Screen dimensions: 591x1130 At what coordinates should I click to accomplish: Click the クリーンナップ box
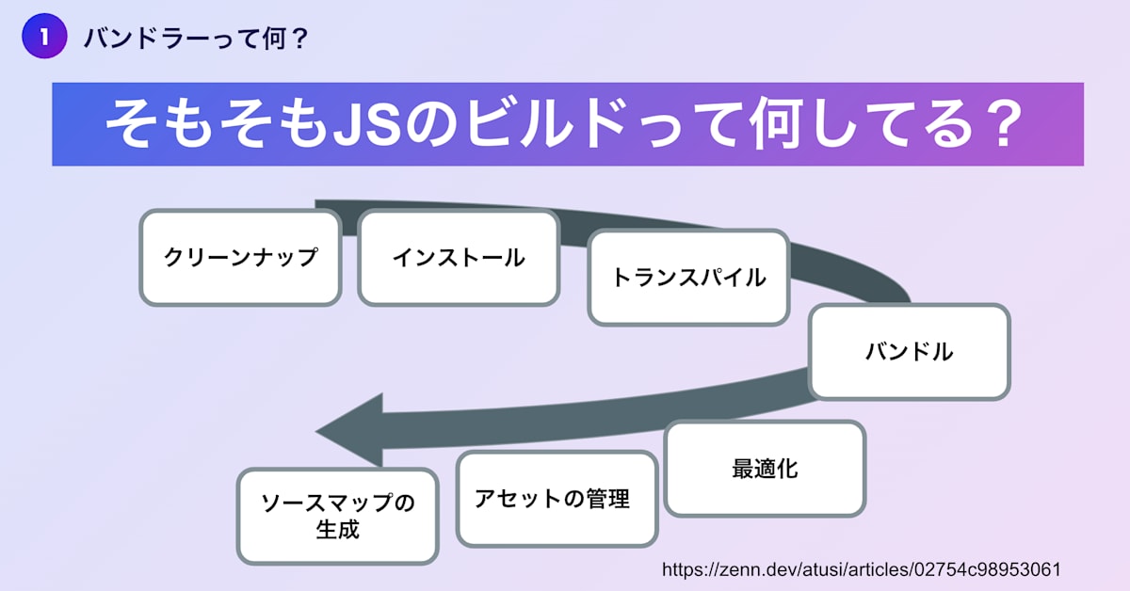240,257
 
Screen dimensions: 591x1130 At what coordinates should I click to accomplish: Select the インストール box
459,257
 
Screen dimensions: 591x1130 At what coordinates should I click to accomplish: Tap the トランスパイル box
688,278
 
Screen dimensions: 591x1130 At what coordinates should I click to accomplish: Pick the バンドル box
909,352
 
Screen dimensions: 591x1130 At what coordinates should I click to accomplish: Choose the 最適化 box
765,468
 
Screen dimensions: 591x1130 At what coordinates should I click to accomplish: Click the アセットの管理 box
557,499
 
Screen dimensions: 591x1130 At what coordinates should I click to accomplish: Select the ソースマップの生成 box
337,516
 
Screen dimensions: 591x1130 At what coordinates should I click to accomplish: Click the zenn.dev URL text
863,569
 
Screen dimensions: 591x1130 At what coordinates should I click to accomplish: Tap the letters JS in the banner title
370,124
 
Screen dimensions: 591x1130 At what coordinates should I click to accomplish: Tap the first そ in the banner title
133,124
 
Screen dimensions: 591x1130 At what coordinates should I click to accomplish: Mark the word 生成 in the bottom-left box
337,529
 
